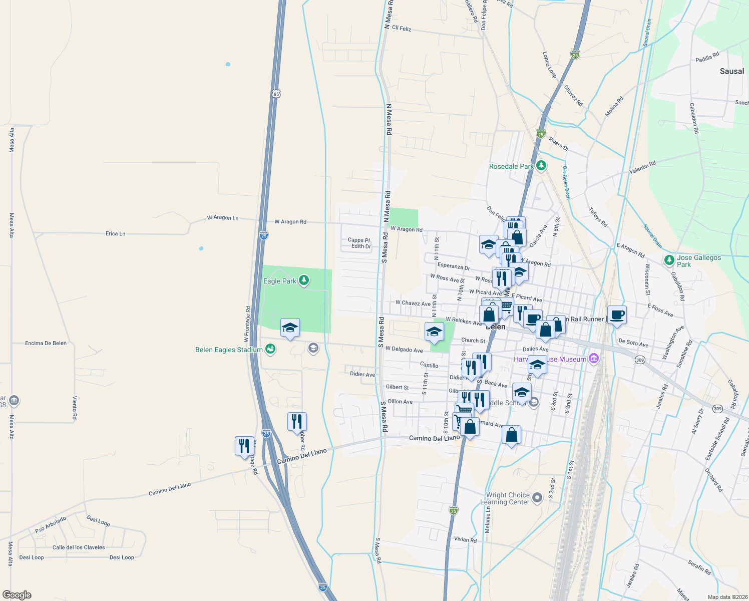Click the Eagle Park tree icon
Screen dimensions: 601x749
point(303,280)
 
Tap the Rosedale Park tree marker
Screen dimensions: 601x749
point(541,165)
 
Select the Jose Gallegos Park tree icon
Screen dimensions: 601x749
point(669,260)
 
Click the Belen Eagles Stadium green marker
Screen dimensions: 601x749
point(270,349)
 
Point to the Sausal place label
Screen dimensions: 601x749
point(731,71)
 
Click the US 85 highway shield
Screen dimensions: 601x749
point(276,94)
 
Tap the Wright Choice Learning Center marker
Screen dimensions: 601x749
point(537,497)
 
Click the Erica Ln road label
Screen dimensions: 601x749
point(115,233)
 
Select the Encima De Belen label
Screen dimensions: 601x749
point(46,343)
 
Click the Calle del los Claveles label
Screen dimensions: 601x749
point(79,547)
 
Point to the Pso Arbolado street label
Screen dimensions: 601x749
point(50,525)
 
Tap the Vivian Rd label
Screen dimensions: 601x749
point(465,539)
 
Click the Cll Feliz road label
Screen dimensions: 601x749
point(402,29)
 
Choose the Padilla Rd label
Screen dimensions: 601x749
point(707,57)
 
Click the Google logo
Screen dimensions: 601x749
point(17,595)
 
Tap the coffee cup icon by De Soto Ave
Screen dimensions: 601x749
point(617,315)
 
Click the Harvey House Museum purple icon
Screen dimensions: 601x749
point(594,358)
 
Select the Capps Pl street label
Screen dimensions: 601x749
point(359,240)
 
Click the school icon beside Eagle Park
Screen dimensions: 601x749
point(290,328)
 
